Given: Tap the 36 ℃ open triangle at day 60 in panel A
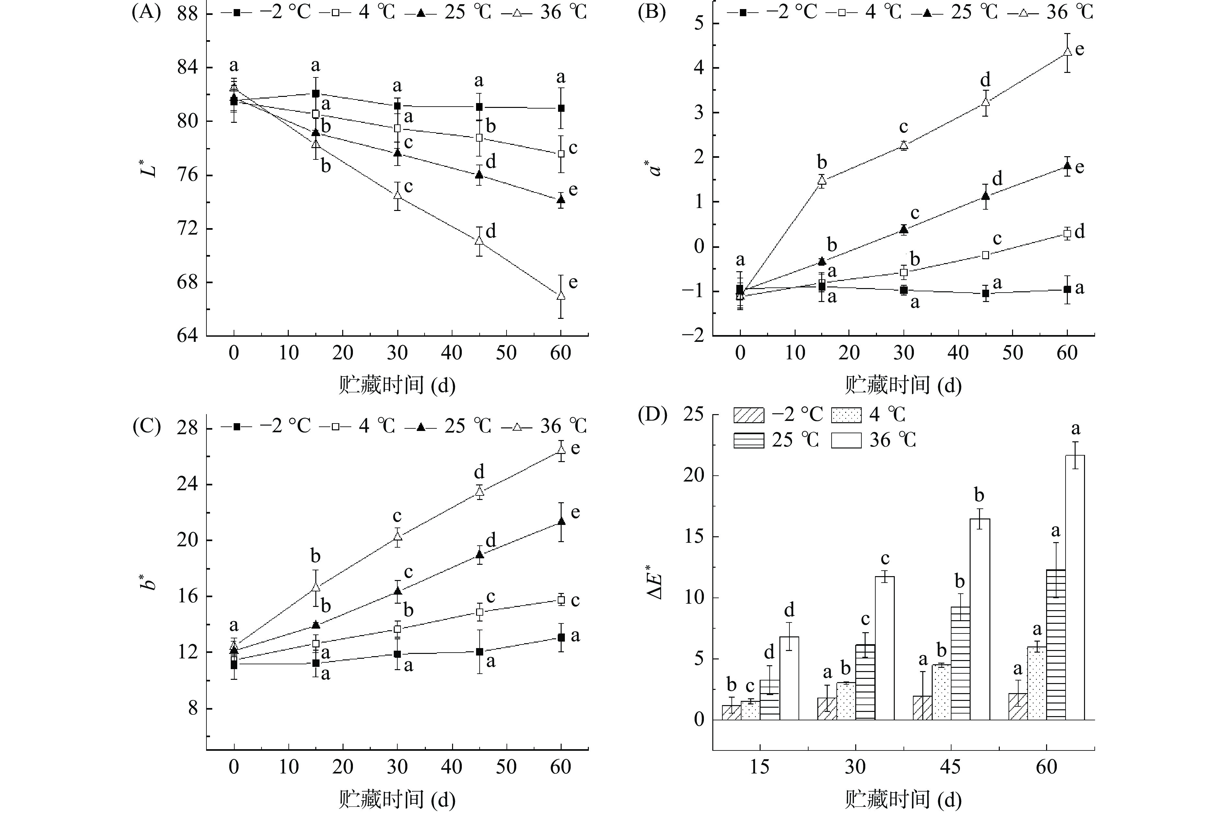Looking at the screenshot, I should (560, 296).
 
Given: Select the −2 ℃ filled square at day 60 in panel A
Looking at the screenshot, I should (560, 108).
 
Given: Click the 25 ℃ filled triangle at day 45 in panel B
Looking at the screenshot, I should (986, 196).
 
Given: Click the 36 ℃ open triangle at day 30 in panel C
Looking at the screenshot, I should (398, 536).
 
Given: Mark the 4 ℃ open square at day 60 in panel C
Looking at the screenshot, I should (560, 600).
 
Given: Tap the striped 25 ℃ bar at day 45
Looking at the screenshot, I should (960, 663).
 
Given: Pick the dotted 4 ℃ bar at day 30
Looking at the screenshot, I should (846, 701).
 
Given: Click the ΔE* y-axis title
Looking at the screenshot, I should (656, 584).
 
